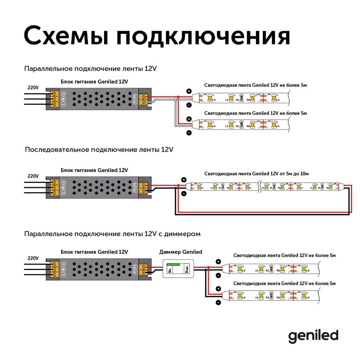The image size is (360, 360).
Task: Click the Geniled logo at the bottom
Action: click(313, 336)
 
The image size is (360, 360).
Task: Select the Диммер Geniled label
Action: click(181, 252)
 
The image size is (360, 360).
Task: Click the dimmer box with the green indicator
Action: click(178, 269)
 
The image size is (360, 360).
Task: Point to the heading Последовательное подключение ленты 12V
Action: click(99, 149)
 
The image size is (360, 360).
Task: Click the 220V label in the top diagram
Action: click(33, 87)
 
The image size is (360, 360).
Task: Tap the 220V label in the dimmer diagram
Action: click(33, 258)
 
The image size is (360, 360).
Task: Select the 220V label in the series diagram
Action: click(33, 176)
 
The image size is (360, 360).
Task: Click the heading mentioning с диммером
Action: click(112, 234)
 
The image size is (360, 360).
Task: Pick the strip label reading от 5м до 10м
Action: click(256, 174)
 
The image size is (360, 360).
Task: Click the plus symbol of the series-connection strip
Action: click(184, 180)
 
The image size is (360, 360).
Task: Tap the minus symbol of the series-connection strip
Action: click(184, 194)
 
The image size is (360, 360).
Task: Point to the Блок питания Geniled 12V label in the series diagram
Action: click(94, 170)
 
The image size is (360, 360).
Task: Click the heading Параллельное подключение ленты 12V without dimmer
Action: click(91, 68)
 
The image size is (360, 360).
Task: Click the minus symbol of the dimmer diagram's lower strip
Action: click(218, 302)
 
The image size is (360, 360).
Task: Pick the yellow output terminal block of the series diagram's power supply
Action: click(144, 188)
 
